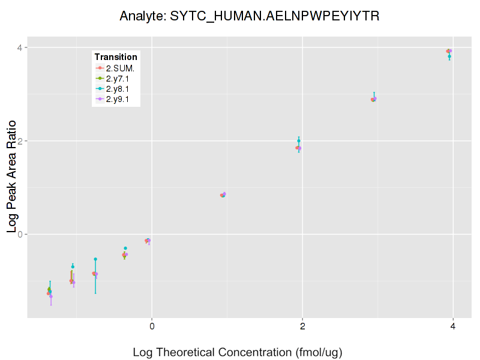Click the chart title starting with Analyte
point(249,16)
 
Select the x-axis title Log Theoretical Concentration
point(237,352)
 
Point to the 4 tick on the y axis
point(20,47)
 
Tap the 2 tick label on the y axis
point(20,141)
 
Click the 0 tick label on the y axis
point(20,234)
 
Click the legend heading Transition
point(116,57)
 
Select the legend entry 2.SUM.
point(120,68)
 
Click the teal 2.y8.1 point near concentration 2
point(299,141)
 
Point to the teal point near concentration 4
point(449,56)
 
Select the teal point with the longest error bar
point(95,259)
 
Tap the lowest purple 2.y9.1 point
point(51,296)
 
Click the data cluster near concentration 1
point(223,194)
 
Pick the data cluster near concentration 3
point(373,99)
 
